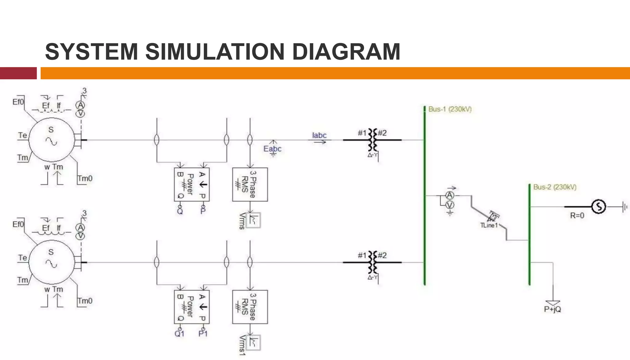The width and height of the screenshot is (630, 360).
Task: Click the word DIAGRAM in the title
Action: pyautogui.click(x=346, y=52)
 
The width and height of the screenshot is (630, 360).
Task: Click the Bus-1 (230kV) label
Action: pyautogui.click(x=450, y=109)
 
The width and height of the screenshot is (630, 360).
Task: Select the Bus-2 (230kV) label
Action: pyautogui.click(x=555, y=187)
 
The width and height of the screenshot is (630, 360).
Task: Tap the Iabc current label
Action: pyautogui.click(x=319, y=135)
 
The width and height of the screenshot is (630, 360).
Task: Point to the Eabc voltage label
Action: pyautogui.click(x=272, y=149)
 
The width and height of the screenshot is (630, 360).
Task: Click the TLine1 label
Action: pyautogui.click(x=489, y=225)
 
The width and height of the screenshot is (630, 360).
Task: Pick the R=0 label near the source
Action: pyautogui.click(x=577, y=215)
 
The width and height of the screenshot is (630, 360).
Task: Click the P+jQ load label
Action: pyautogui.click(x=552, y=309)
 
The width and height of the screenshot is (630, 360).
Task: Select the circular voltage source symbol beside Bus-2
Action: pyautogui.click(x=599, y=206)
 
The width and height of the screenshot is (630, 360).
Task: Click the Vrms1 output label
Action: pyautogui.click(x=242, y=346)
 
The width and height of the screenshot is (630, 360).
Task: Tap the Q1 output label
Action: pyautogui.click(x=179, y=334)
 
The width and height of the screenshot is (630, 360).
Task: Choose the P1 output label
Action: pyautogui.click(x=203, y=334)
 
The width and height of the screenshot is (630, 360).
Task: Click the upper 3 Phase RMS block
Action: pyautogui.click(x=250, y=185)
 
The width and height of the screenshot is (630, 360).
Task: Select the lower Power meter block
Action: pyautogui.click(x=192, y=307)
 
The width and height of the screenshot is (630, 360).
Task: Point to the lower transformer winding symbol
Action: pyautogui.click(x=373, y=262)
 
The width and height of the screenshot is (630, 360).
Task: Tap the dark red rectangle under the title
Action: pyautogui.click(x=18, y=73)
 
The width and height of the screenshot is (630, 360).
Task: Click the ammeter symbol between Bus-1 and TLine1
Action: pyautogui.click(x=450, y=195)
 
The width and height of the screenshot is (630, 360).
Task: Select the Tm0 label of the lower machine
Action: pyautogui.click(x=85, y=301)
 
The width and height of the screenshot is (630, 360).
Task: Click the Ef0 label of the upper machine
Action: pyautogui.click(x=18, y=102)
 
